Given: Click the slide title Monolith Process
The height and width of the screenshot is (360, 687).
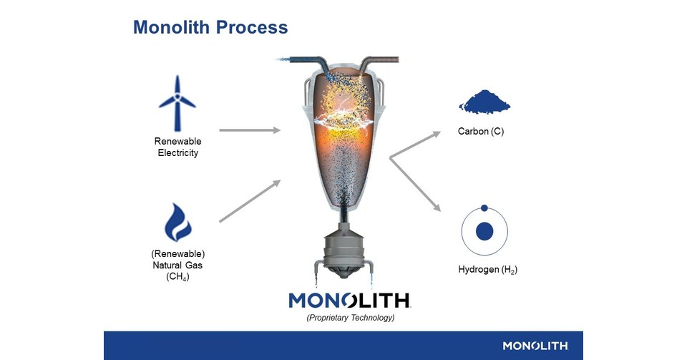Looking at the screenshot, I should (x=210, y=28).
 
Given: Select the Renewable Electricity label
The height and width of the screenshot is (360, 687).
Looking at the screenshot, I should (x=177, y=147).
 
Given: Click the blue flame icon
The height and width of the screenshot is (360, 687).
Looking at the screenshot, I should (x=177, y=223).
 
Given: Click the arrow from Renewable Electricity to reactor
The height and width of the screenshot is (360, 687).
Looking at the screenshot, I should (x=249, y=130).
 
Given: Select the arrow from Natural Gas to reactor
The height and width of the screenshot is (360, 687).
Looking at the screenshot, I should (x=249, y=201).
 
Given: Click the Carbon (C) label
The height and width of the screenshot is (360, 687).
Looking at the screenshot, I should (x=481, y=132).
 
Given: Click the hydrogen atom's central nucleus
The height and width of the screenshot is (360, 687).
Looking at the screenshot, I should (x=484, y=231).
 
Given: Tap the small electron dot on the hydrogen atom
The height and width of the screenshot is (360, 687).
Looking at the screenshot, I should (x=484, y=208).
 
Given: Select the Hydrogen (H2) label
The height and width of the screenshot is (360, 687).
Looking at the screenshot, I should (x=487, y=271).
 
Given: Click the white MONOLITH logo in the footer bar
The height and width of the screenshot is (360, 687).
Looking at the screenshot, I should (x=535, y=346).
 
